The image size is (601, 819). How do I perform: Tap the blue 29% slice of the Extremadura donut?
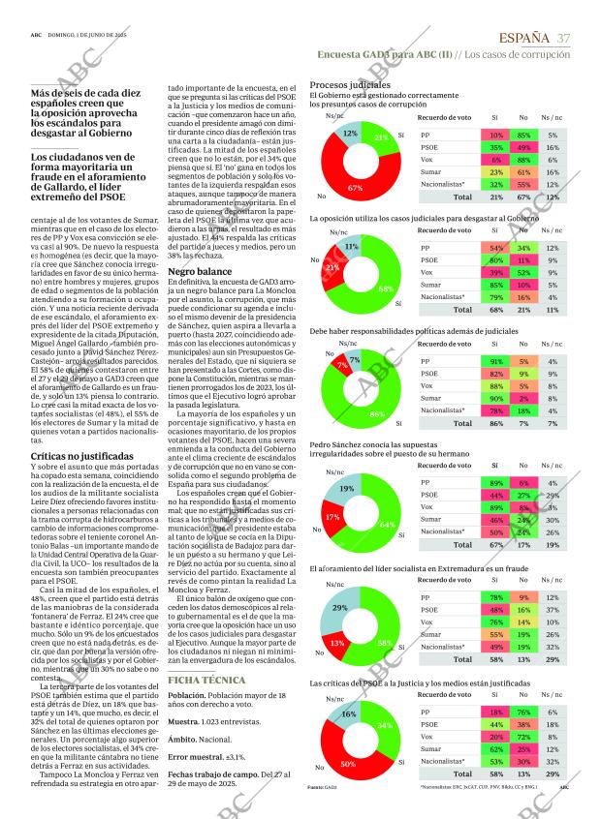[x=338, y=607]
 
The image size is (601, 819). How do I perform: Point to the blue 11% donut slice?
[x=350, y=247]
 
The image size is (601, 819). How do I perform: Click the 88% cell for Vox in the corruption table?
[x=522, y=159]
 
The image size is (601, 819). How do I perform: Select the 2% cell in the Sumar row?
[x=522, y=398]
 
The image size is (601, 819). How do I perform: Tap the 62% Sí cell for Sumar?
[x=495, y=748]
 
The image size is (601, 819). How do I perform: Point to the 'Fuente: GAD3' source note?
[x=321, y=788]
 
